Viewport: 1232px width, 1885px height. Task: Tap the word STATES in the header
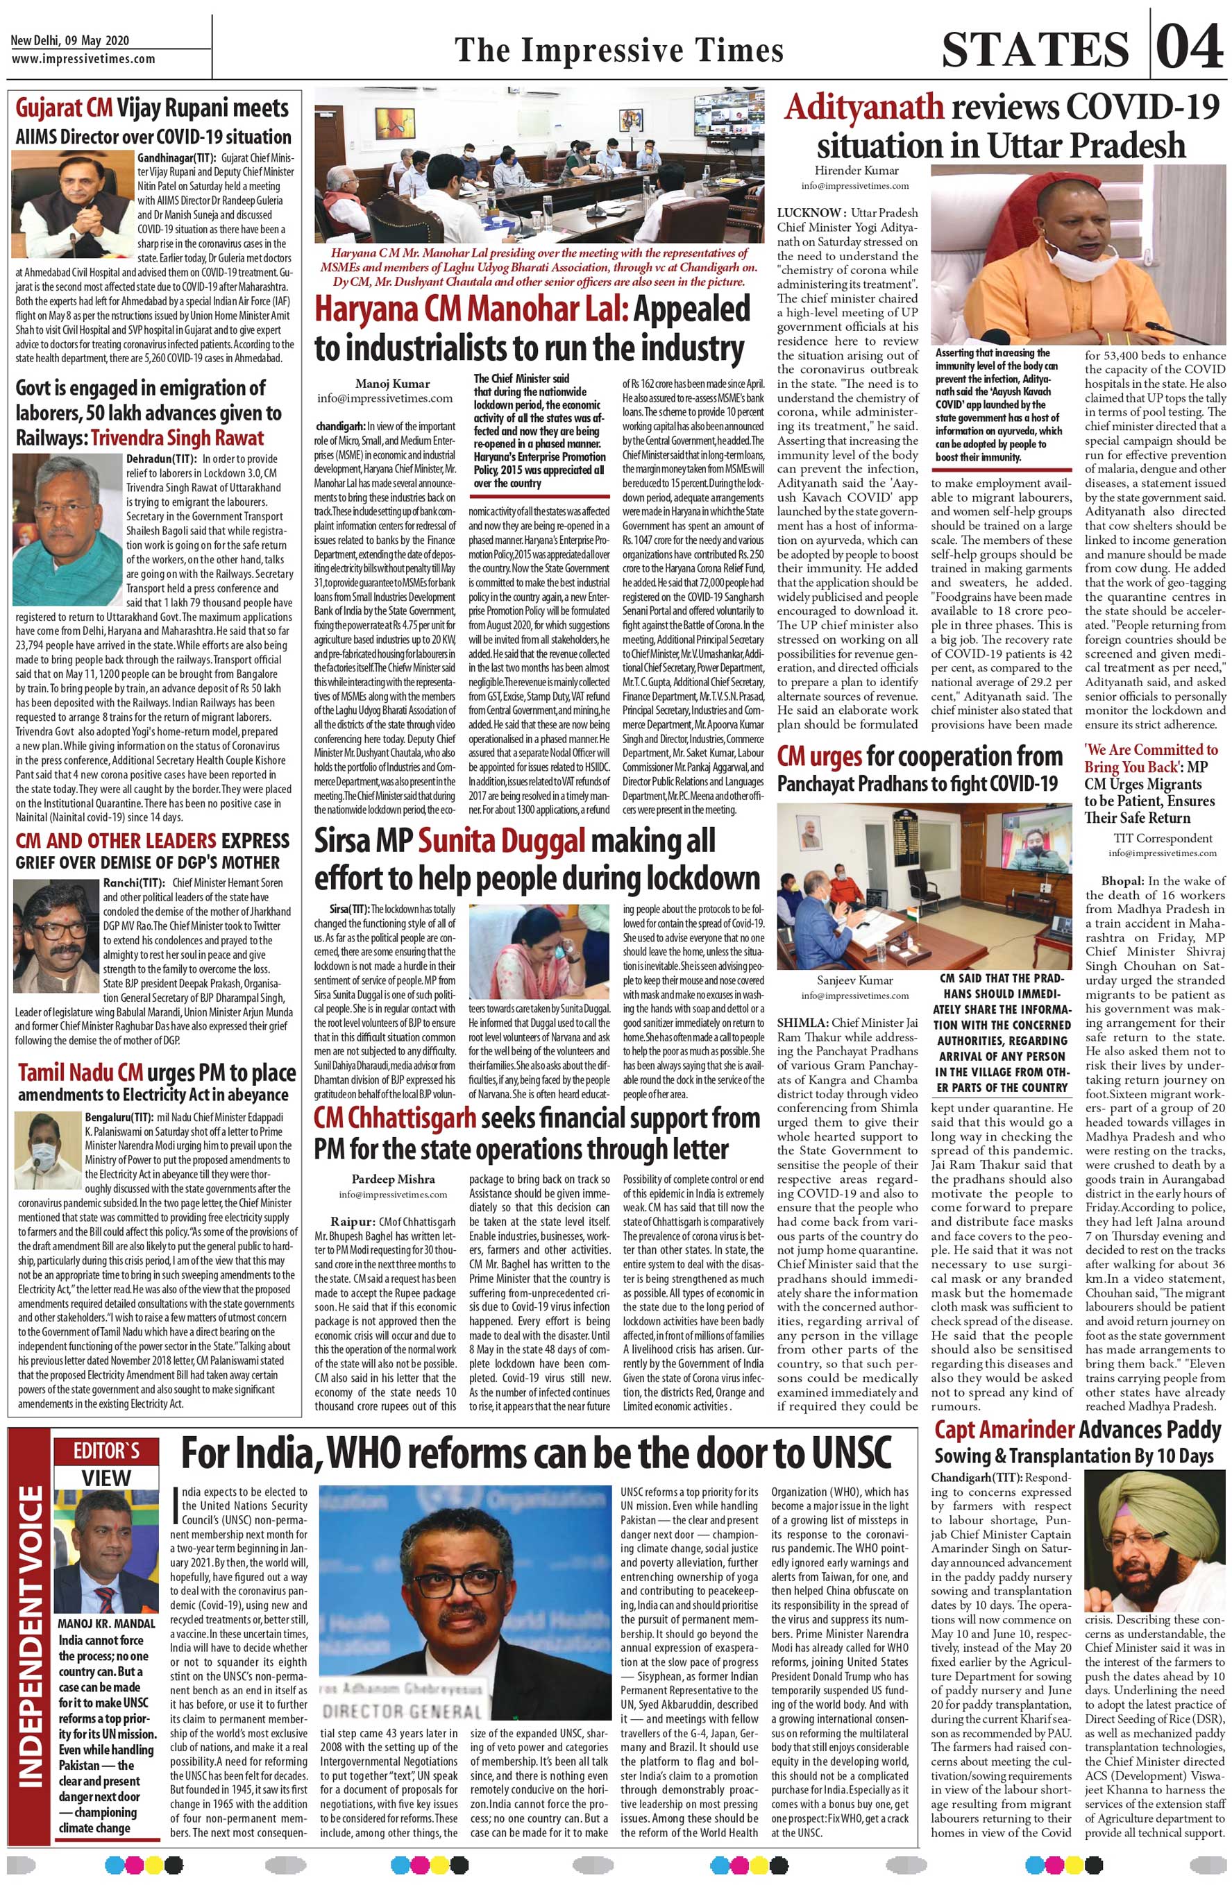point(1035,49)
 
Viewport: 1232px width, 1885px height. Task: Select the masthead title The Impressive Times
point(618,51)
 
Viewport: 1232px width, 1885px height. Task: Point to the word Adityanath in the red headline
point(863,108)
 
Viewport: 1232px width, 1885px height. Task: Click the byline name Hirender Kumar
point(857,170)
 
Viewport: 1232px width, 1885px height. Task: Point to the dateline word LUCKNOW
point(808,213)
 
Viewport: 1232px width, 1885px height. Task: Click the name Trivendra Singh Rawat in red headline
point(177,438)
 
